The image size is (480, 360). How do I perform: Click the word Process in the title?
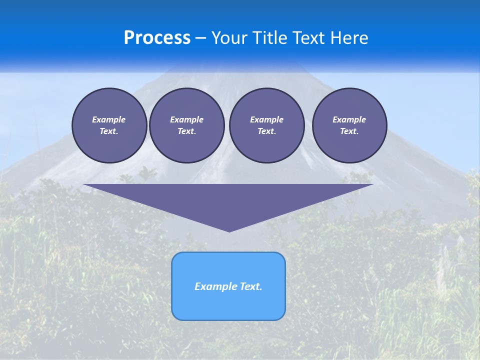pos(157,38)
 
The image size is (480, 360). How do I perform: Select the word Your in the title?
pos(228,38)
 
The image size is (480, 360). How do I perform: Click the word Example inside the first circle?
pos(109,119)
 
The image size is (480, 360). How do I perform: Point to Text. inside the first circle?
pos(109,131)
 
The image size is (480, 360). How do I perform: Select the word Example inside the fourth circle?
pos(349,119)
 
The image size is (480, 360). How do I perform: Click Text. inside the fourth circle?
pos(349,131)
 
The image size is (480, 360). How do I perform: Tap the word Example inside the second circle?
pos(186,119)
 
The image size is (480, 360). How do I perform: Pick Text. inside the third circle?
pos(266,131)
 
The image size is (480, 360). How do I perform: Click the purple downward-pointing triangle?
pos(228,200)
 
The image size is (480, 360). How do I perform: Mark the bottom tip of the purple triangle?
pos(229,231)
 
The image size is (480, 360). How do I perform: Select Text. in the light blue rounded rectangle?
pos(250,286)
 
